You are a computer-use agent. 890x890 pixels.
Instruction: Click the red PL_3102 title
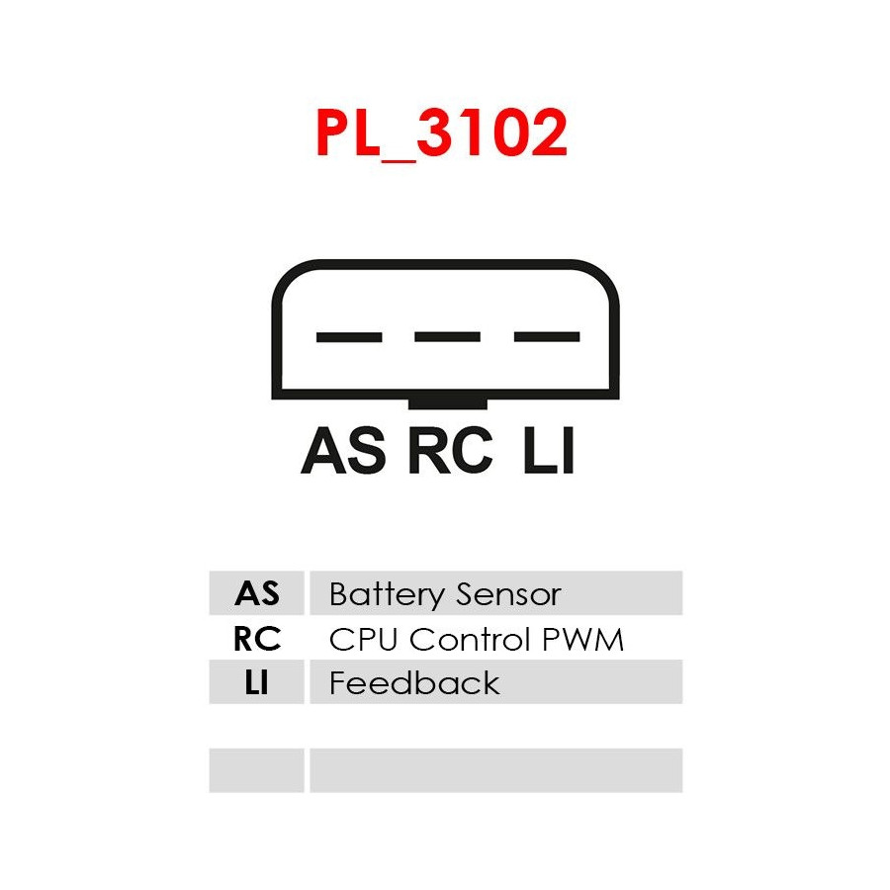[x=441, y=133]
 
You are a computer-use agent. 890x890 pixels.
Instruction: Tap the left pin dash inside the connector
[x=348, y=337]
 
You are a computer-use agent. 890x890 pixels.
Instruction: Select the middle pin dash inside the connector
[x=447, y=337]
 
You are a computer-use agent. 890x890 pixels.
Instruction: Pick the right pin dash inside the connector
[x=546, y=337]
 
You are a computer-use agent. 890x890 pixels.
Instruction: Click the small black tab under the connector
[x=447, y=402]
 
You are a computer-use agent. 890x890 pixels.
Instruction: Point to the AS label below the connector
[x=343, y=452]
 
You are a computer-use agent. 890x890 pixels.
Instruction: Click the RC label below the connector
[x=449, y=452]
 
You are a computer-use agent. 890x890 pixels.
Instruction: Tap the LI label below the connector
[x=549, y=452]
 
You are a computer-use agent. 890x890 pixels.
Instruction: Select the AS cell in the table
[x=257, y=594]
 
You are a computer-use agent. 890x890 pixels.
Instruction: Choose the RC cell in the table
[x=257, y=639]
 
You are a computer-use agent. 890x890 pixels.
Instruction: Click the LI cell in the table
[x=257, y=682]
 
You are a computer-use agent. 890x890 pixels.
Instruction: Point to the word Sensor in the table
[x=506, y=594]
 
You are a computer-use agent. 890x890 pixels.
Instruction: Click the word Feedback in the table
[x=414, y=682]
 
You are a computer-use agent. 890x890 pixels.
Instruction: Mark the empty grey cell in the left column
[x=257, y=769]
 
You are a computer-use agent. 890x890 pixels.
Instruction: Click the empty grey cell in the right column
[x=495, y=769]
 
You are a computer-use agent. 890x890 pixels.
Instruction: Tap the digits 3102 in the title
[x=491, y=133]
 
